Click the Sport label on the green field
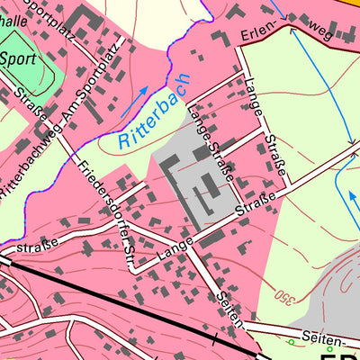click(17, 59)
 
